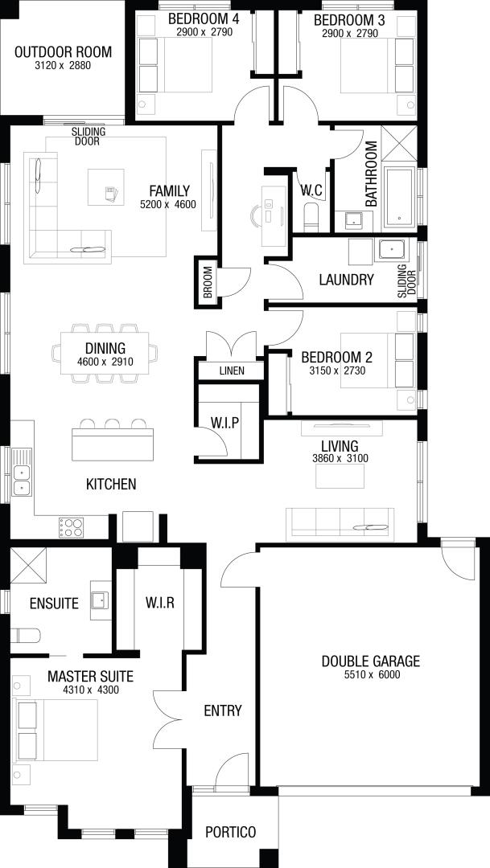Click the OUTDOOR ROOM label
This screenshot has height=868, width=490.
coord(64,52)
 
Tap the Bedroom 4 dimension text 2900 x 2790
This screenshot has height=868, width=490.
coord(204,33)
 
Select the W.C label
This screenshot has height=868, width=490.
coord(311,190)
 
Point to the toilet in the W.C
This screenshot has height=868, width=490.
coord(311,216)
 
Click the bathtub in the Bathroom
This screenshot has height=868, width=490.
coord(399,197)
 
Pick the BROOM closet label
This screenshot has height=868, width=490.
coord(208,282)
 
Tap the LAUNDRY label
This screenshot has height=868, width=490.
coord(347,280)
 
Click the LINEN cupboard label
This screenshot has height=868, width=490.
coord(232,371)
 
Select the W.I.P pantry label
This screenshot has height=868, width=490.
coord(224,424)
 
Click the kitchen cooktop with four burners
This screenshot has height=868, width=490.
coord(72,527)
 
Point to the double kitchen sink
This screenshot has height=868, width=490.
coord(22,480)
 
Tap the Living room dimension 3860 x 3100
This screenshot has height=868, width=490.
coord(340,458)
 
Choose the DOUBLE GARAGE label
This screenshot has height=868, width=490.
coord(371,661)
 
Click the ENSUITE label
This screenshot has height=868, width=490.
coord(55,604)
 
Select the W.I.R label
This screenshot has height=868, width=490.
coord(160,603)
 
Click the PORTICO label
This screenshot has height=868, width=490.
coord(231,832)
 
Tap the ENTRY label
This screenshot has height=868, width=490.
coord(223,710)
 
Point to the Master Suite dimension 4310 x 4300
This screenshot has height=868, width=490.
coord(90,690)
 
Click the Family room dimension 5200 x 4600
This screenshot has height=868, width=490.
coord(168,204)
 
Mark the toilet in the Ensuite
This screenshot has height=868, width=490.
coord(25,635)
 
